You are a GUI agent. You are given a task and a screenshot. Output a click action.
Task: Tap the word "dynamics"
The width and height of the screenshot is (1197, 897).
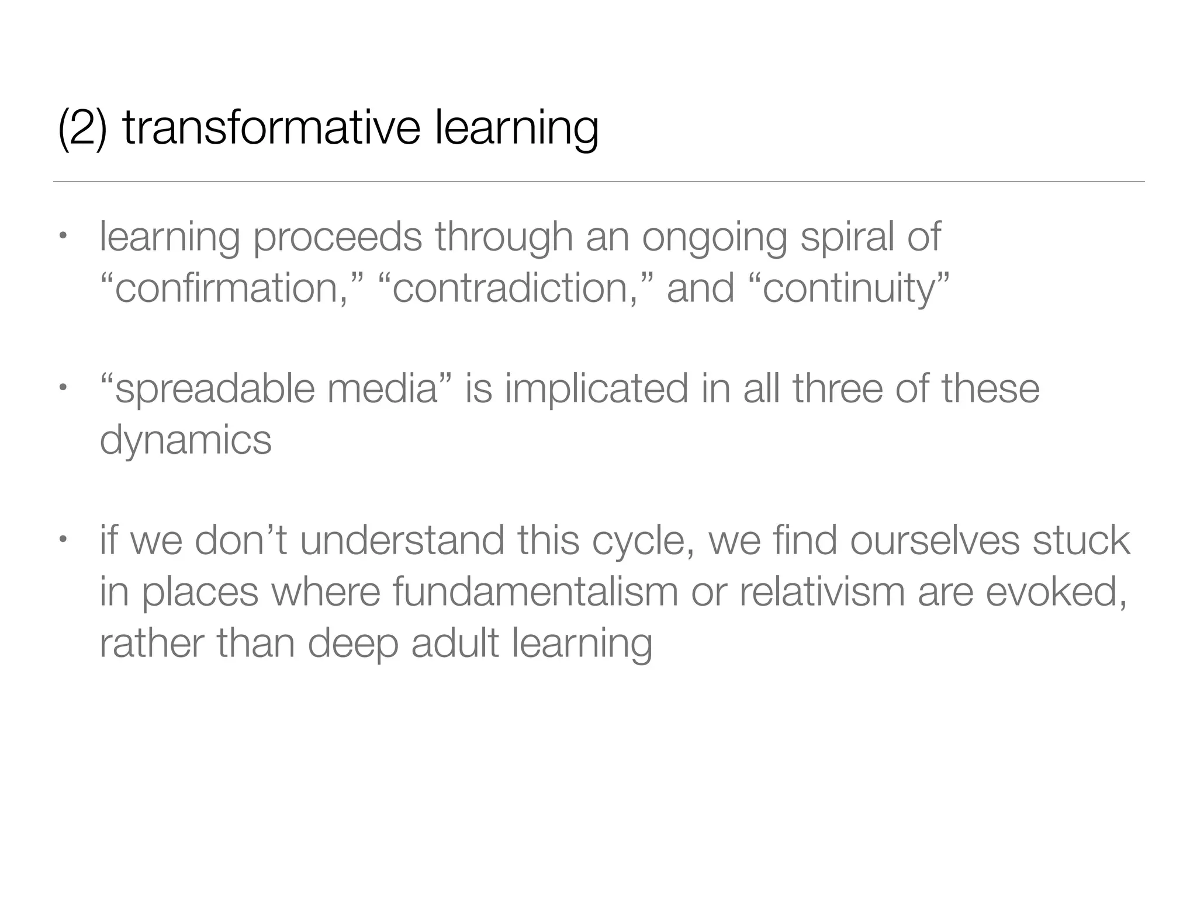185,440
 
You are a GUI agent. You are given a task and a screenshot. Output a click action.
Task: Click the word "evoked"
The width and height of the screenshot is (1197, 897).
1054,592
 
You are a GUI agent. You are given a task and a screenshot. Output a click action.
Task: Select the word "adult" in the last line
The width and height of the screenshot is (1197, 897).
455,643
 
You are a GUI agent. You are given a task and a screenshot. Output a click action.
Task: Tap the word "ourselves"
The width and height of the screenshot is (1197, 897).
935,541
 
